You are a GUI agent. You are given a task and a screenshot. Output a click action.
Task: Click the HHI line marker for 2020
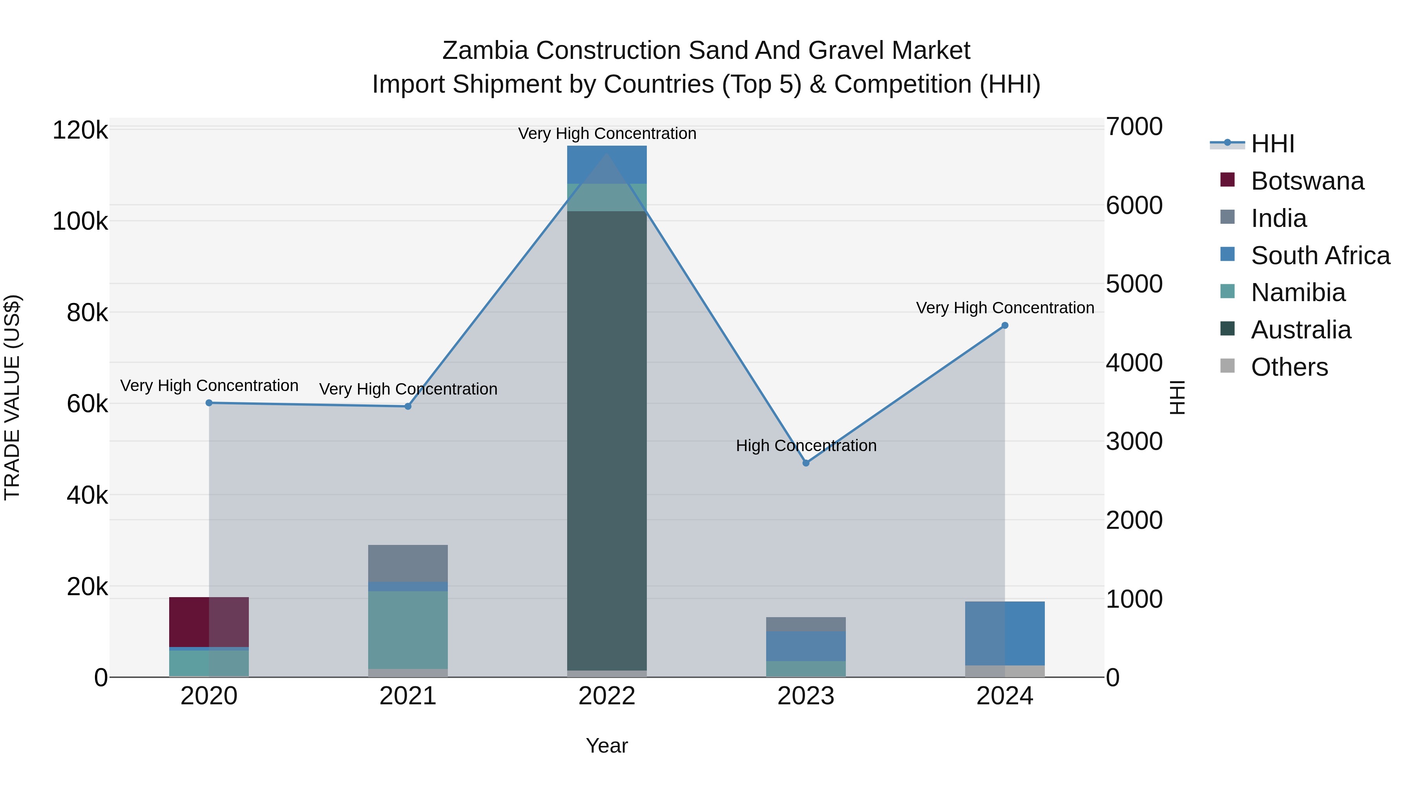coord(209,403)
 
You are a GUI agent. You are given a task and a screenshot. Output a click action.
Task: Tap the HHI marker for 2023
coord(806,463)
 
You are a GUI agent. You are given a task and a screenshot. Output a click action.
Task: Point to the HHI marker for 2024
coord(1005,325)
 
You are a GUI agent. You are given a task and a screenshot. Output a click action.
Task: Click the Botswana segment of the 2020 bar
coord(209,621)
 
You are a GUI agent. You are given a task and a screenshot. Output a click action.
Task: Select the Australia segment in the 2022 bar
coord(607,439)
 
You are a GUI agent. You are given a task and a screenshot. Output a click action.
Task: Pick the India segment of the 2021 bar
coord(408,563)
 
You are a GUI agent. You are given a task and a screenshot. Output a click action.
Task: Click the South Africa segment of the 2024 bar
coord(1005,633)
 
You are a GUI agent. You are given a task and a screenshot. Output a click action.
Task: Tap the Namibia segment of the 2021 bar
coord(408,629)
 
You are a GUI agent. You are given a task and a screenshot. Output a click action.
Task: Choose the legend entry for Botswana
coord(1307,181)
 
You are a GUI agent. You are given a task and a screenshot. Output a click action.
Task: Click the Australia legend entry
coord(1301,330)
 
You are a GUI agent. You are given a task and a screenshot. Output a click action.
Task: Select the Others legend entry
coord(1289,367)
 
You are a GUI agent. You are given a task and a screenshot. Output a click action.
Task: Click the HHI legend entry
coord(1272,144)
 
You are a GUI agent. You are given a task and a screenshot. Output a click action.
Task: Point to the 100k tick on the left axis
coord(80,222)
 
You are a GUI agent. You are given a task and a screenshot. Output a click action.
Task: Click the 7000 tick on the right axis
coord(1134,127)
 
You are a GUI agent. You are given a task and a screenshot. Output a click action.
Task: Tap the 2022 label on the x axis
coord(607,696)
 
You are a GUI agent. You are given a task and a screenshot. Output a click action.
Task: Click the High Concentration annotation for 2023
coord(806,446)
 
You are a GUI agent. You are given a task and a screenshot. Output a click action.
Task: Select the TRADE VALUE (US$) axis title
coord(12,397)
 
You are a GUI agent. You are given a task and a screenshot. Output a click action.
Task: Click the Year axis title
coord(607,746)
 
